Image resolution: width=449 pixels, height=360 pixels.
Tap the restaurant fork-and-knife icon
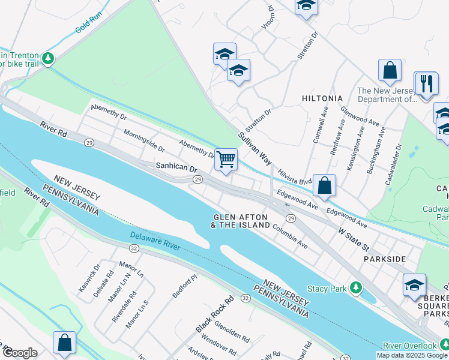[x=427, y=83]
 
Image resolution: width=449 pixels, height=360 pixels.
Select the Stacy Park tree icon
[x=357, y=288]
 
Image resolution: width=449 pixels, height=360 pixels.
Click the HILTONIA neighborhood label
[x=322, y=98]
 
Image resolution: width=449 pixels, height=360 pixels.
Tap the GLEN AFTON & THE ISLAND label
[x=241, y=221]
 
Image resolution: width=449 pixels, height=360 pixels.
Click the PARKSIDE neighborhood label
[x=385, y=259]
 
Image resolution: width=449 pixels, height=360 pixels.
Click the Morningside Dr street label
[x=143, y=140]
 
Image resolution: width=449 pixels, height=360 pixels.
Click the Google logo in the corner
[x=20, y=353]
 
